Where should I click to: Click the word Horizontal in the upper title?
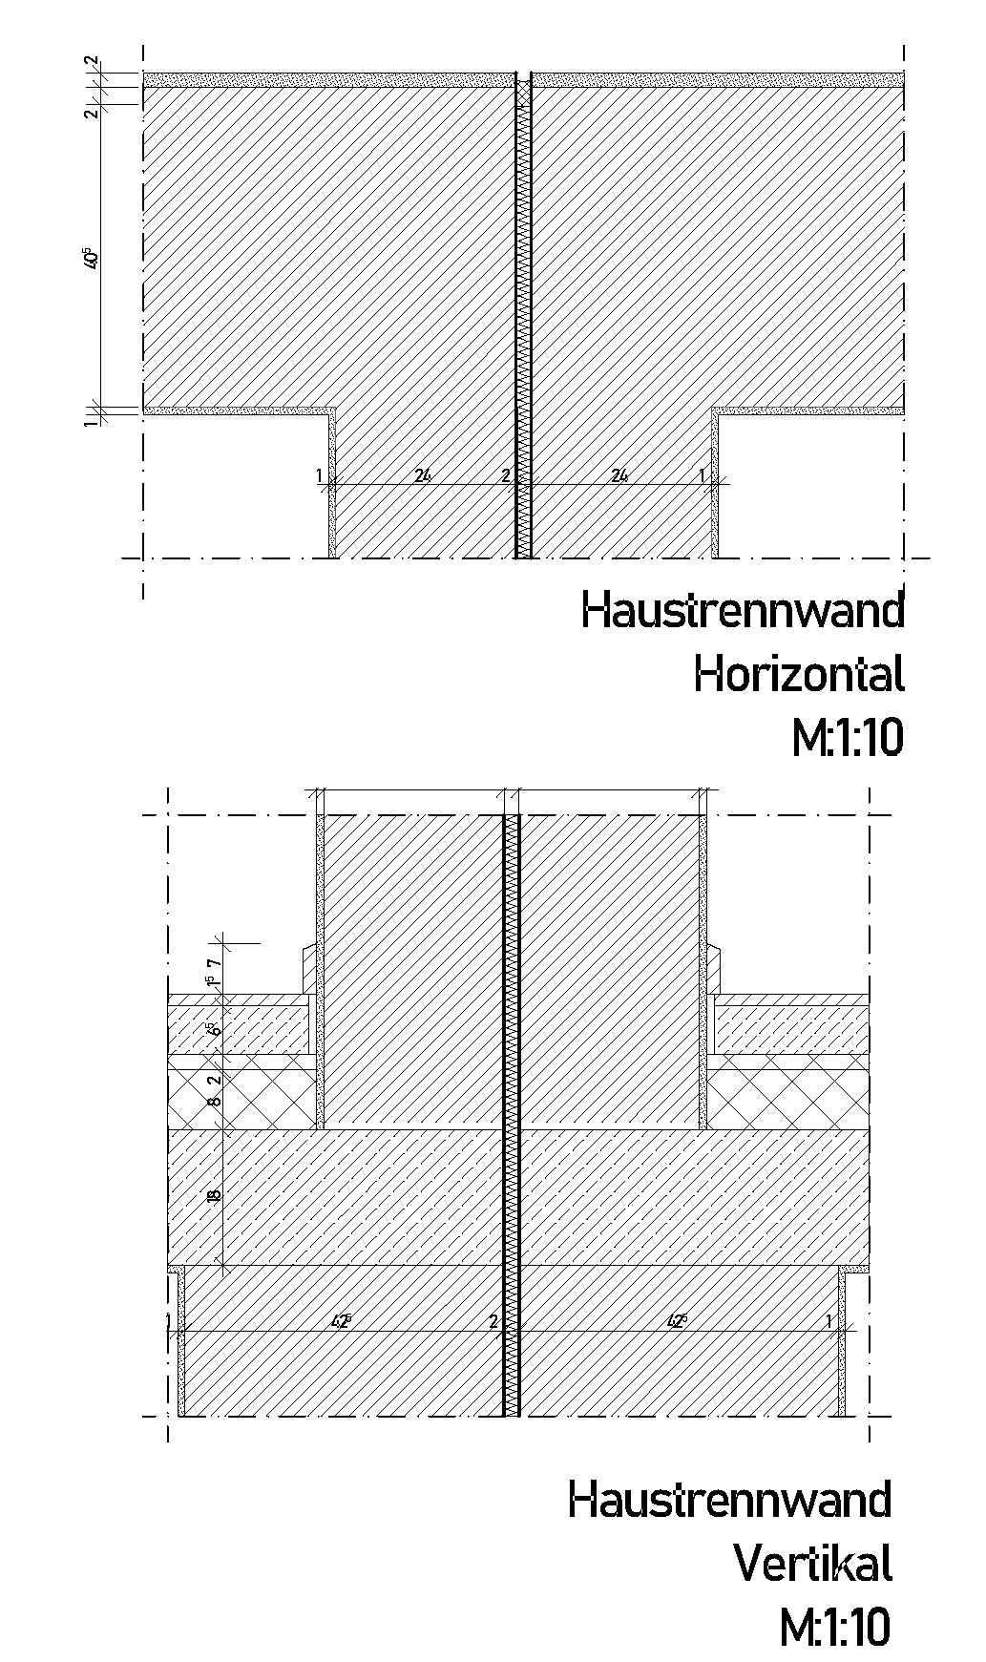point(799,675)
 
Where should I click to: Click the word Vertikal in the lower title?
point(812,1563)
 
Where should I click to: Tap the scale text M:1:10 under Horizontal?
point(847,738)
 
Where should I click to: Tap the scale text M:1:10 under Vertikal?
point(834,1627)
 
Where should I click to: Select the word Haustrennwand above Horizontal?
point(743,611)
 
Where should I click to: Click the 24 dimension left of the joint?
point(425,475)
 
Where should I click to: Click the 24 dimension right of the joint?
point(619,475)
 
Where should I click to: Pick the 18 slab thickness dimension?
point(214,1193)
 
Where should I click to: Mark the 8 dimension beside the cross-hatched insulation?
point(214,1101)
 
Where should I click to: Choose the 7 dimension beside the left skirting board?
point(215,963)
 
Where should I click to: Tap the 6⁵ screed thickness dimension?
point(214,1029)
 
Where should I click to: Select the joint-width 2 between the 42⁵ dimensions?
point(493,1322)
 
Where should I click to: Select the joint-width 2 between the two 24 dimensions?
point(506,475)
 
